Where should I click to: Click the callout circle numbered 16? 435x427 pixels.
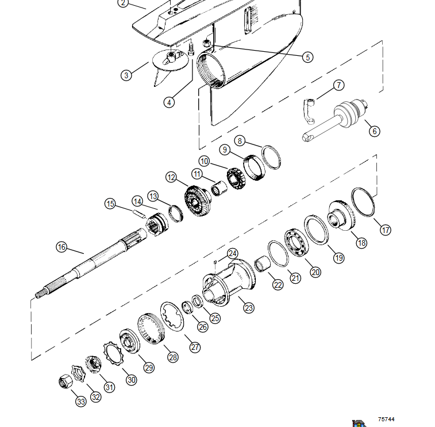tap(61, 247)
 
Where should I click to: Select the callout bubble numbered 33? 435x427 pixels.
tap(80, 402)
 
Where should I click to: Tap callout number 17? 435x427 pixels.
tap(386, 230)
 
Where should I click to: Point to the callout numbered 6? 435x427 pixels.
tap(374, 131)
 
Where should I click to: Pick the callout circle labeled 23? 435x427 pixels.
tap(248, 308)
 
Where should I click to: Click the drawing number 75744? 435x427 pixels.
tap(386, 419)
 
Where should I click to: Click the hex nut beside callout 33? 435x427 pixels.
tap(65, 382)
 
